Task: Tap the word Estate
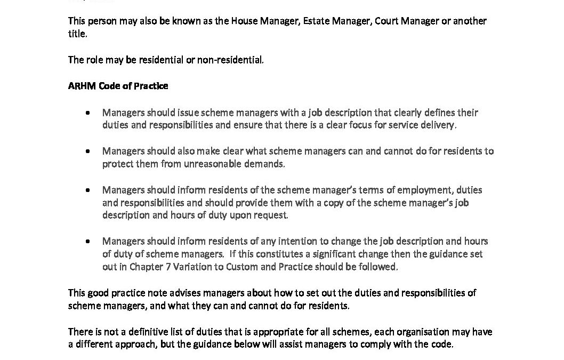(316, 21)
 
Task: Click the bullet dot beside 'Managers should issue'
(88, 113)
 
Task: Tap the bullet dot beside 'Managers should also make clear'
(88, 151)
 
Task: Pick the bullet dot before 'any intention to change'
(88, 242)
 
